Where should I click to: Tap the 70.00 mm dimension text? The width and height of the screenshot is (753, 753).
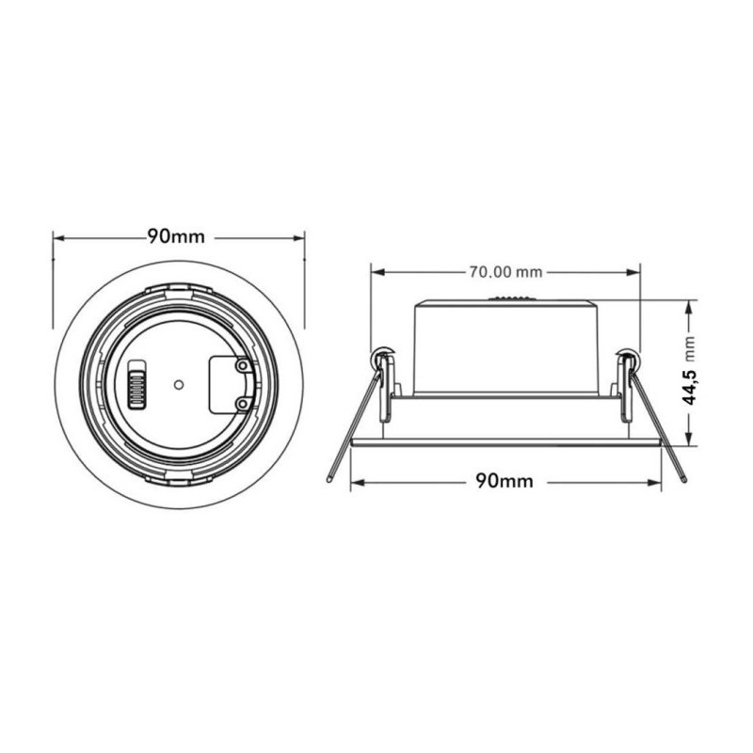click(x=505, y=272)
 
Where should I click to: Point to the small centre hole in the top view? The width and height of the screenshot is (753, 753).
click(x=178, y=384)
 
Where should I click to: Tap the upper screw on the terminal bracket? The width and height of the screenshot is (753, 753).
click(x=242, y=365)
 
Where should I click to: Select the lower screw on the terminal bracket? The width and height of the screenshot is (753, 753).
click(x=242, y=404)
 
